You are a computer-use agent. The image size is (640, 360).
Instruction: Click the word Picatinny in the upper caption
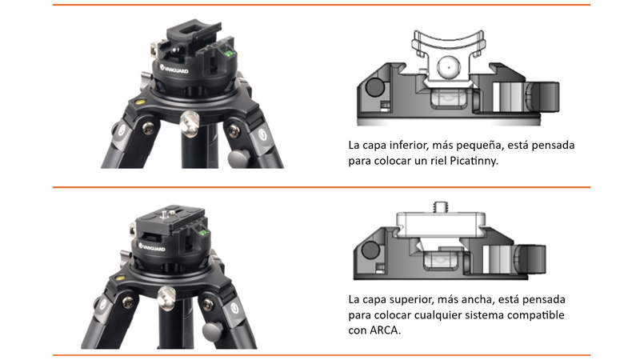click(474, 162)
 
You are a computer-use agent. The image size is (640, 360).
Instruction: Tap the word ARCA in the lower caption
click(384, 330)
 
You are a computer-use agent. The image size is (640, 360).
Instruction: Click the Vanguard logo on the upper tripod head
click(174, 69)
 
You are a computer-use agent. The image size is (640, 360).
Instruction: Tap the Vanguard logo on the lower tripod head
click(152, 246)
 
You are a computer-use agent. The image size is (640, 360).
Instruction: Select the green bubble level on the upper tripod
click(229, 52)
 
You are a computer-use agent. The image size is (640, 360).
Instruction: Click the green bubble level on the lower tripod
click(203, 233)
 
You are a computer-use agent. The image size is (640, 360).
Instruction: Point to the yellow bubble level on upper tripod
click(138, 102)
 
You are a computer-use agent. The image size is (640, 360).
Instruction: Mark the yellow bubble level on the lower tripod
click(120, 278)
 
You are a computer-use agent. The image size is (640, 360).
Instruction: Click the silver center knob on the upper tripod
click(190, 122)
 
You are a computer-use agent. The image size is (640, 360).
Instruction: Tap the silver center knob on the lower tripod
click(166, 297)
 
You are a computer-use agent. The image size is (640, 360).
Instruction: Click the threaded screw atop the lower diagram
click(441, 206)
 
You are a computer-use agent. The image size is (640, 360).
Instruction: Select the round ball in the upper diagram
click(448, 67)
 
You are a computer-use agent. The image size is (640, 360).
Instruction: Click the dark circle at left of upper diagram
click(374, 87)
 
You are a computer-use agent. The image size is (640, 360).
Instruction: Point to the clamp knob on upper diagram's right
click(542, 97)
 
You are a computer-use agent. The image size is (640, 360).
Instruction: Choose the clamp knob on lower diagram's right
click(530, 259)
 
